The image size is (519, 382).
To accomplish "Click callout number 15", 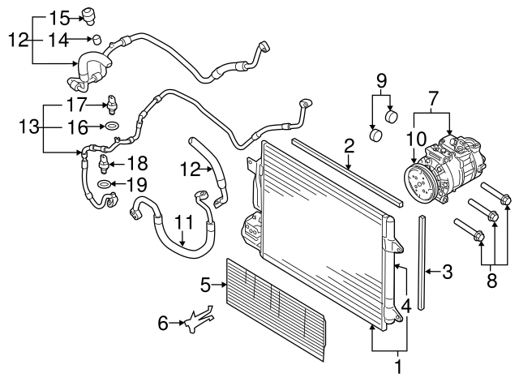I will click(61, 17).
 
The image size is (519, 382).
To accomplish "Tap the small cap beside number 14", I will click(96, 38).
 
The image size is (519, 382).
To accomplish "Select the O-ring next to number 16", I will click(112, 126).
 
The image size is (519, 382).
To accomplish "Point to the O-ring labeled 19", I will click(105, 185).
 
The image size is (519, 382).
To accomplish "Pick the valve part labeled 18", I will click(102, 165).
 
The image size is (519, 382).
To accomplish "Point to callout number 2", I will click(349, 146).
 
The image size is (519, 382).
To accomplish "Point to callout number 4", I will click(405, 307).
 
